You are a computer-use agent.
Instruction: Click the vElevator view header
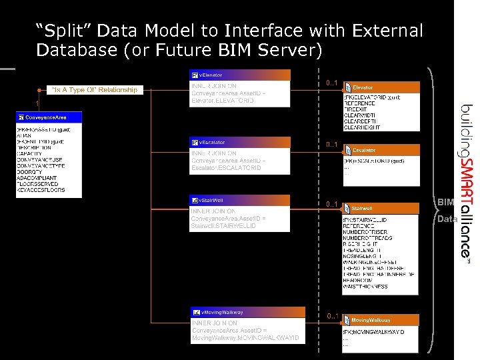[240, 75]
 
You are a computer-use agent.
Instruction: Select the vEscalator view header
[240, 142]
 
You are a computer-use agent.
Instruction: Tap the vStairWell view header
[240, 199]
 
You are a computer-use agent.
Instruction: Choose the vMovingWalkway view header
[247, 312]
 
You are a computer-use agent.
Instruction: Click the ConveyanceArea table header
[49, 117]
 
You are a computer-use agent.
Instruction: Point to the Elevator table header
[381, 87]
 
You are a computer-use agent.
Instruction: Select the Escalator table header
[381, 150]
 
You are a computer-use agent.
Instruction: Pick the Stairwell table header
[381, 209]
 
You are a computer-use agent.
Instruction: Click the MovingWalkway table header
[381, 320]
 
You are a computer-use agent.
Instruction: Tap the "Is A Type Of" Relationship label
[95, 89]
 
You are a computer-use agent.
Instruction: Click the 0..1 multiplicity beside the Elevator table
[332, 83]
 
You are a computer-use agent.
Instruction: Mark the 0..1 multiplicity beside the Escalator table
[332, 145]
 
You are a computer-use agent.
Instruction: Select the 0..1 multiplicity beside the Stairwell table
[332, 204]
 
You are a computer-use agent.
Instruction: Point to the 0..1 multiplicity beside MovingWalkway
[332, 315]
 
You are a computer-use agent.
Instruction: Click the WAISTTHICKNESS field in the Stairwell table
[365, 287]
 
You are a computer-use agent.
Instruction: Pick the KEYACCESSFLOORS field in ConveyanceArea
[41, 190]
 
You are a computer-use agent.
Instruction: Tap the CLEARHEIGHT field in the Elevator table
[362, 127]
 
